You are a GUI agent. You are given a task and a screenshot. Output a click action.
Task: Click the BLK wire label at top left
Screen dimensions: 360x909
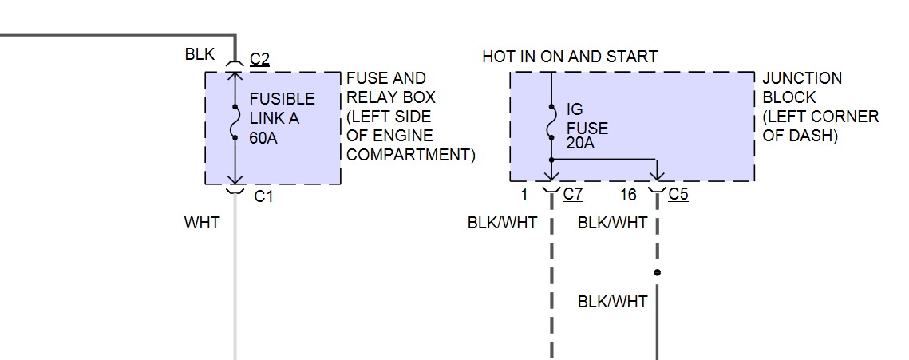pyautogui.click(x=199, y=55)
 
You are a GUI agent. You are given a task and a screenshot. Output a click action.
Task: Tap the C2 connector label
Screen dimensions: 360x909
pyautogui.click(x=259, y=59)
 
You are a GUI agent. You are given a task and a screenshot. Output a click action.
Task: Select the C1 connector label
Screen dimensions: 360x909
pyautogui.click(x=263, y=196)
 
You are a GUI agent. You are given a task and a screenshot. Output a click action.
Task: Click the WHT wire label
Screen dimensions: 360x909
pyautogui.click(x=201, y=224)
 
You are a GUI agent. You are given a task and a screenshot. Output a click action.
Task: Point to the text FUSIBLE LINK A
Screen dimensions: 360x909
pyautogui.click(x=282, y=109)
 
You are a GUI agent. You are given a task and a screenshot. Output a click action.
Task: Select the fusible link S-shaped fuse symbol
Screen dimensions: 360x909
pyautogui.click(x=235, y=122)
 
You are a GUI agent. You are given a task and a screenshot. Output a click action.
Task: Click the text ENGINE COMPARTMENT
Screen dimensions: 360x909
pyautogui.click(x=410, y=145)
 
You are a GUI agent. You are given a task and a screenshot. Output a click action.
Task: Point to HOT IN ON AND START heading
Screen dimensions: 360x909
pyautogui.click(x=570, y=57)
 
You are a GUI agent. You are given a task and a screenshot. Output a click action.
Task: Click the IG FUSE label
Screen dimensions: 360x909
pyautogui.click(x=587, y=119)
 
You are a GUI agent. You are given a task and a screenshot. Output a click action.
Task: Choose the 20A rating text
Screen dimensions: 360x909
pyautogui.click(x=580, y=144)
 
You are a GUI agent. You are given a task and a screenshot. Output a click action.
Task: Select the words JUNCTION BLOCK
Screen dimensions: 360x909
pyautogui.click(x=801, y=88)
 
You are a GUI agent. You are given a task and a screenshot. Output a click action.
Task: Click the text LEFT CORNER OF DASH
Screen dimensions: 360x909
pyautogui.click(x=820, y=126)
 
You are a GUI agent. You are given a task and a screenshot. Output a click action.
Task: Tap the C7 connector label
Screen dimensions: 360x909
pyautogui.click(x=572, y=194)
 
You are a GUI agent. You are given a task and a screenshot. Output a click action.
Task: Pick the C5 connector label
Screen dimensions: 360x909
pyautogui.click(x=678, y=194)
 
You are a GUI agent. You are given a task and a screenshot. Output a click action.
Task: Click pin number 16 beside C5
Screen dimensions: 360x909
pyautogui.click(x=628, y=194)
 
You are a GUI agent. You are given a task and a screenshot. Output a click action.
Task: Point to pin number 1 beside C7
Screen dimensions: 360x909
pyautogui.click(x=525, y=194)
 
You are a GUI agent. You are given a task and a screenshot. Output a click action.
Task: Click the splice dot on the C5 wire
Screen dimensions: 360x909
pyautogui.click(x=657, y=272)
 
